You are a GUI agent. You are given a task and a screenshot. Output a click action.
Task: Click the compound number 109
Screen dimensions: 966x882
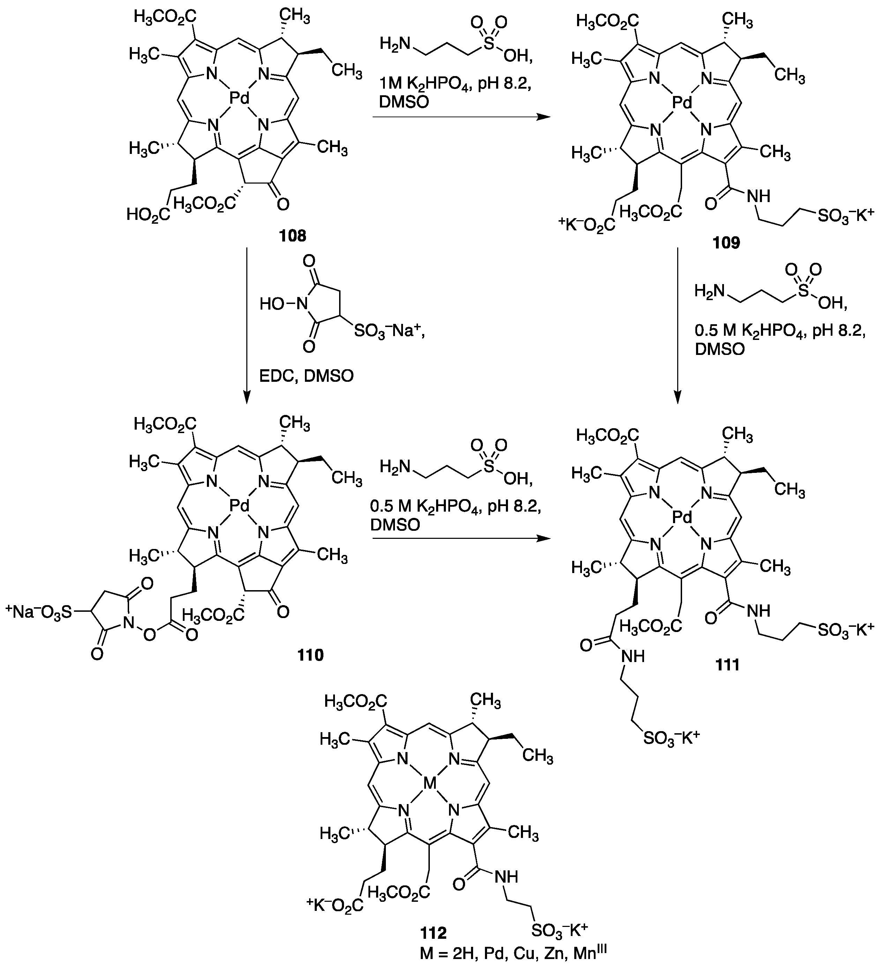coord(726,243)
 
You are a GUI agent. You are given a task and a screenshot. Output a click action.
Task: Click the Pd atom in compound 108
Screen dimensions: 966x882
coord(239,99)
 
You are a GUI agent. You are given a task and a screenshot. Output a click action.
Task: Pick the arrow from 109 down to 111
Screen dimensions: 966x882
coord(678,326)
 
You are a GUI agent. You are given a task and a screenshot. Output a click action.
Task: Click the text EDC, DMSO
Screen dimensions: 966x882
coord(307,376)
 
